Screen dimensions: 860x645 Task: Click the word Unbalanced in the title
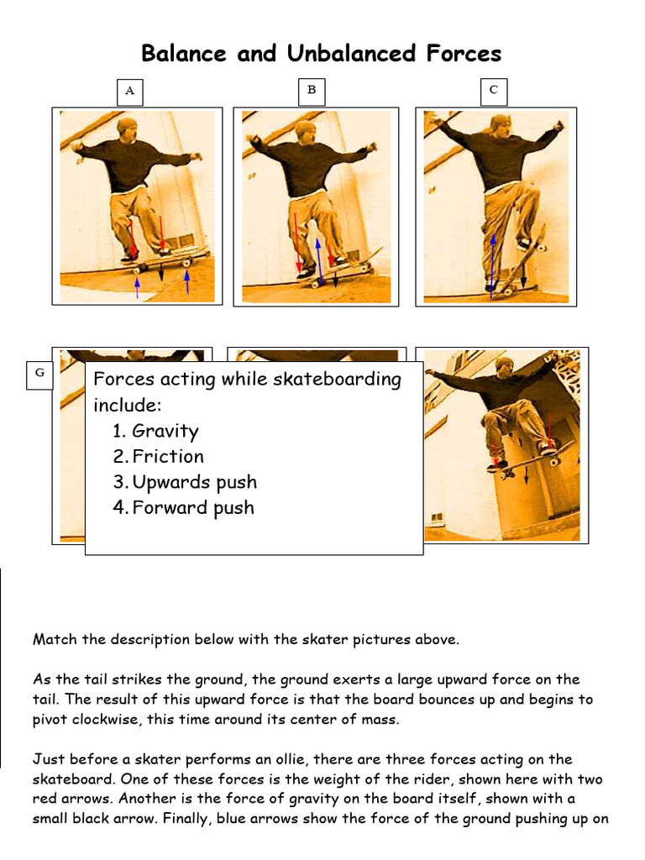[x=352, y=54]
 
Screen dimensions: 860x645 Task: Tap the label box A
[x=129, y=91]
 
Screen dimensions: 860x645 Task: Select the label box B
[x=312, y=91]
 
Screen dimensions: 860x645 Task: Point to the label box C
[x=494, y=90]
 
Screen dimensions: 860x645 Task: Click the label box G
[x=39, y=375]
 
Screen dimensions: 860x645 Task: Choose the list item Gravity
[x=165, y=432]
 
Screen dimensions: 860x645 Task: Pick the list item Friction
[x=168, y=457]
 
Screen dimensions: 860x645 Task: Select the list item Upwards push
[x=194, y=482]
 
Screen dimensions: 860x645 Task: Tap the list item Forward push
[x=193, y=507]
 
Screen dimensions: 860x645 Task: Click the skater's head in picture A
[x=127, y=128]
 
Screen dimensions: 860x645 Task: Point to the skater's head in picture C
[x=501, y=124]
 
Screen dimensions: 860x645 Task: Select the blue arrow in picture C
[x=493, y=260]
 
